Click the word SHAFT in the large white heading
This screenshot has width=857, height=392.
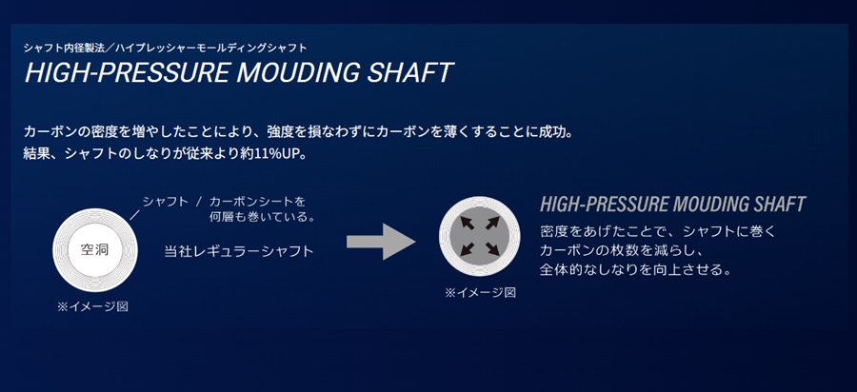click(409, 72)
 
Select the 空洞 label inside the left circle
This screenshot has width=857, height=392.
click(94, 250)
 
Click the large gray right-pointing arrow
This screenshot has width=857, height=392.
click(381, 241)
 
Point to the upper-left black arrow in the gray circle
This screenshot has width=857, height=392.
click(467, 223)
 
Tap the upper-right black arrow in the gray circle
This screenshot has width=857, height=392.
click(492, 223)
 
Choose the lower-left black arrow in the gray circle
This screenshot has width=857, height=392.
click(467, 248)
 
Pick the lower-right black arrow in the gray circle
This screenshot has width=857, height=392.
click(492, 248)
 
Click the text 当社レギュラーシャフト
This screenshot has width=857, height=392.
click(239, 251)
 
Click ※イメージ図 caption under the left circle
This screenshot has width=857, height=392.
click(93, 306)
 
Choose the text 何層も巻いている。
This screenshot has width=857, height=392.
click(263, 217)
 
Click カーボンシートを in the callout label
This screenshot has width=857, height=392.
click(257, 202)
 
